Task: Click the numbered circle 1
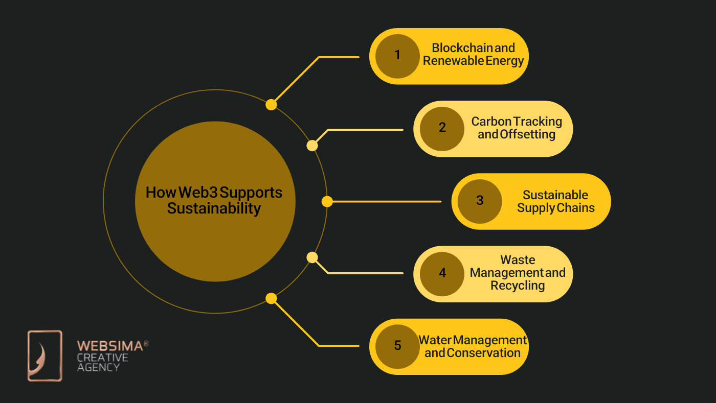397,56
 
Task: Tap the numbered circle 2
442,128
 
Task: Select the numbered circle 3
479,201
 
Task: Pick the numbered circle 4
442,273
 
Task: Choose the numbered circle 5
397,346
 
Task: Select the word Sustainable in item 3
555,195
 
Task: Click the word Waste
518,259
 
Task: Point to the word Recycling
518,286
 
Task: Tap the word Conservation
484,353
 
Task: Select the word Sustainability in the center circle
214,208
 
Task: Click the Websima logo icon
44,355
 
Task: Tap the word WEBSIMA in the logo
109,346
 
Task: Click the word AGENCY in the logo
99,367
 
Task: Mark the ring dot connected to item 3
327,202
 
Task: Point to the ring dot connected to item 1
271,105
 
